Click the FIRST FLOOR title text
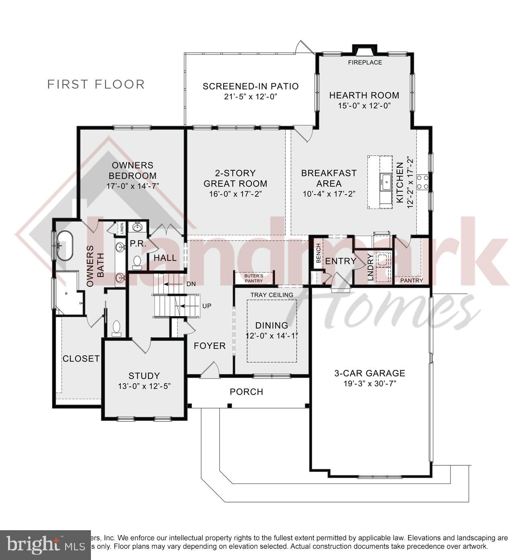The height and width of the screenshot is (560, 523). [x=96, y=85]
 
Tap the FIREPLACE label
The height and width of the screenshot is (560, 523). [x=365, y=62]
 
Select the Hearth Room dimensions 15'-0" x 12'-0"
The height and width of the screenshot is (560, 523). [x=364, y=105]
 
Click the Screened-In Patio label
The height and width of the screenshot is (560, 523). [x=250, y=86]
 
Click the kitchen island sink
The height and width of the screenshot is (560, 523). [x=385, y=182]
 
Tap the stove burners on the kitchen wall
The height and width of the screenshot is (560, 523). [x=422, y=182]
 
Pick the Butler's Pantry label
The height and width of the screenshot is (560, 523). [x=254, y=278]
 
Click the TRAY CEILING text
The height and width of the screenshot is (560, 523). [x=272, y=295]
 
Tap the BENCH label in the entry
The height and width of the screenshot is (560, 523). [x=318, y=254]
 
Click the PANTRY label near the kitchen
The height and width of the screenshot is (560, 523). [x=411, y=280]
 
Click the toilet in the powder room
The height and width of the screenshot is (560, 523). [x=137, y=262]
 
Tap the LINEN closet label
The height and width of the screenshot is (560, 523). [x=121, y=229]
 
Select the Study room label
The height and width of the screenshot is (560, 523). [x=144, y=376]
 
